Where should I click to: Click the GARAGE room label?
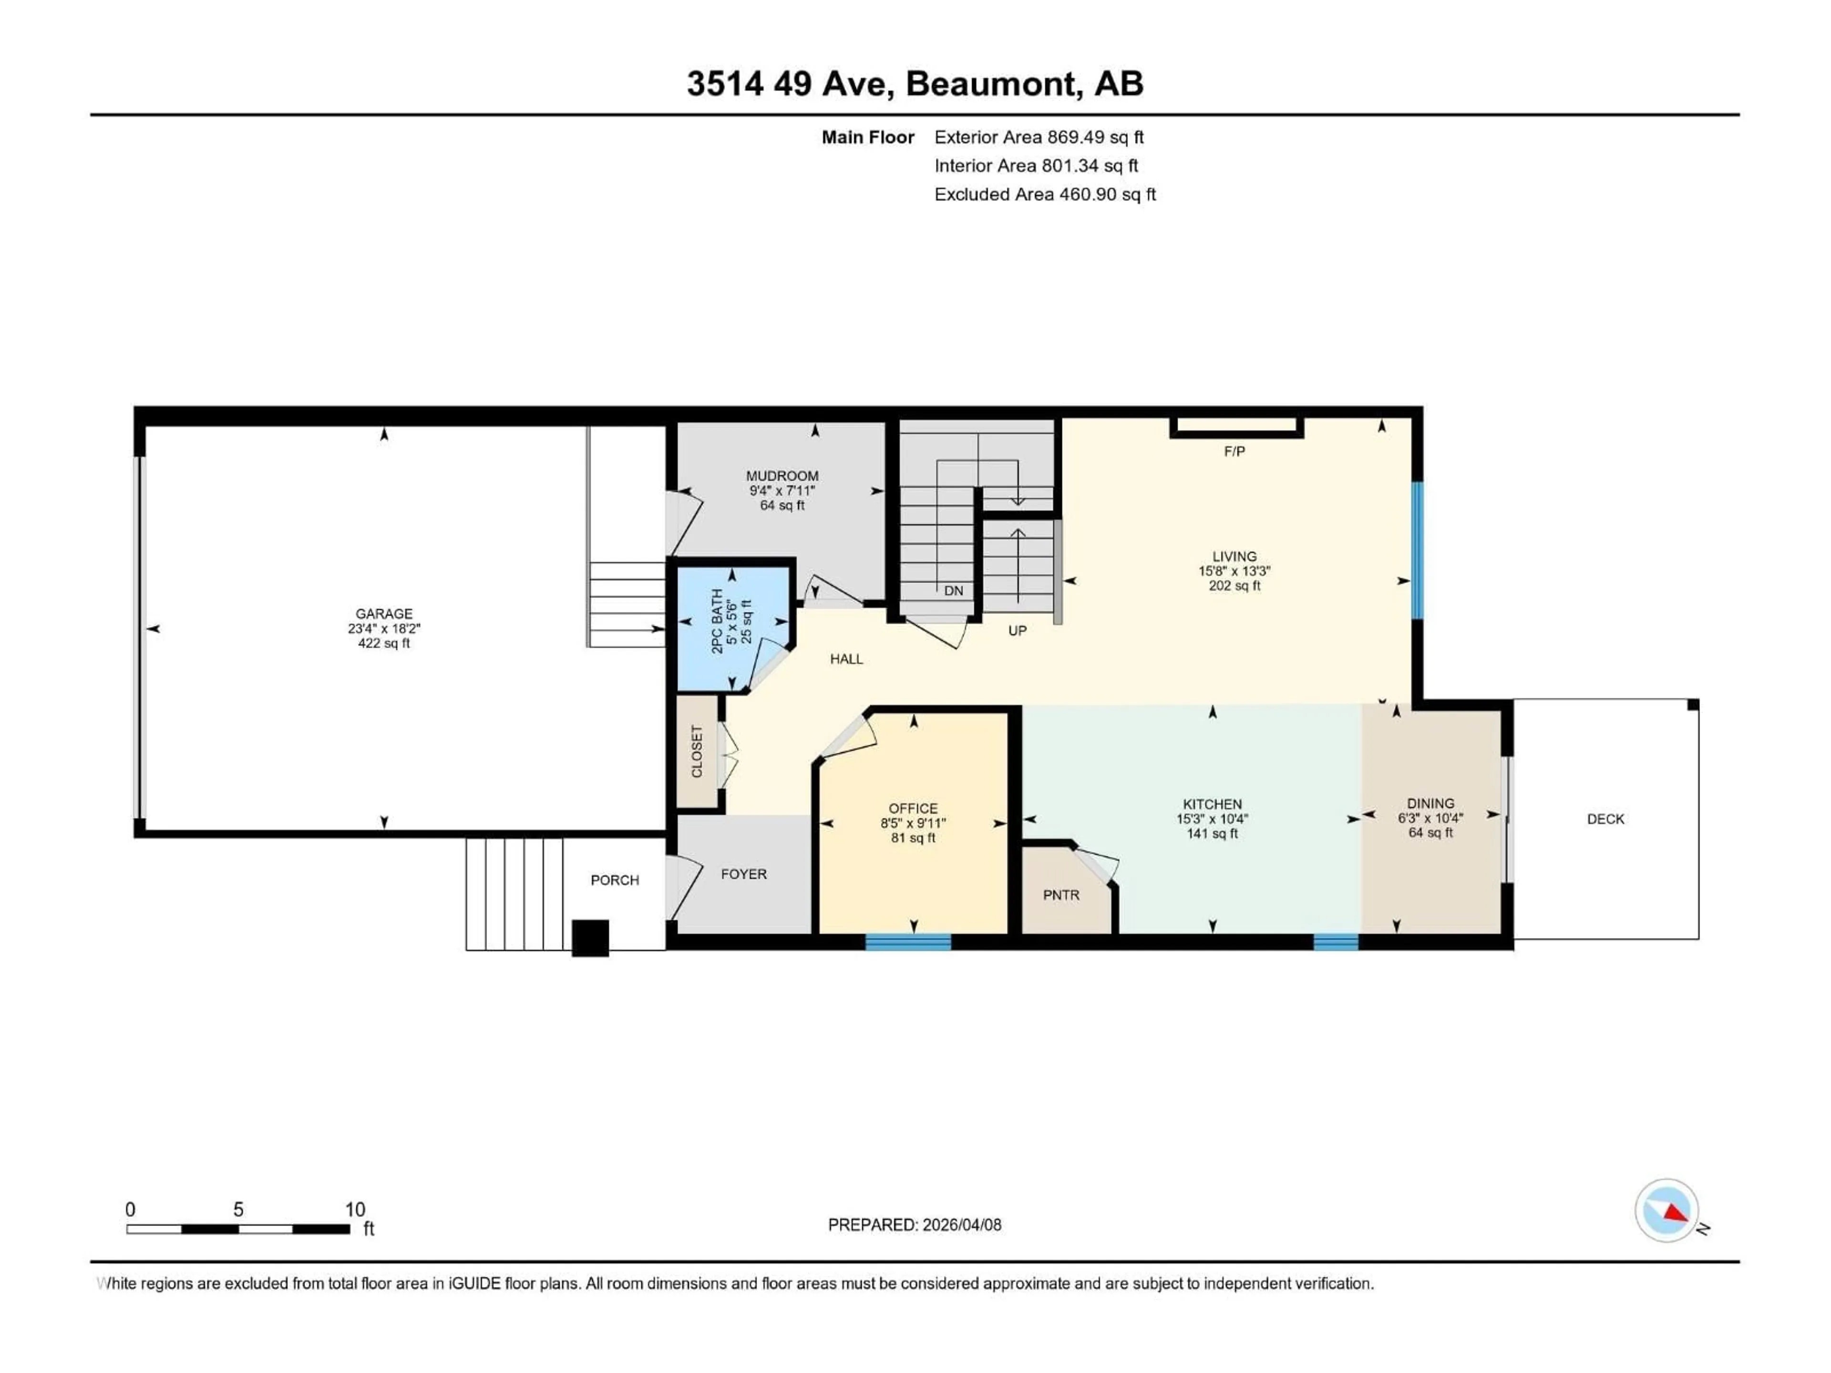(x=383, y=613)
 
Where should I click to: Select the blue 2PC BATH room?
(x=732, y=626)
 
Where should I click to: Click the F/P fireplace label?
(x=1234, y=451)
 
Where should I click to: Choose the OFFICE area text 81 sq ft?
(x=913, y=838)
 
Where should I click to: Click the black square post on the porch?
(x=590, y=938)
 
